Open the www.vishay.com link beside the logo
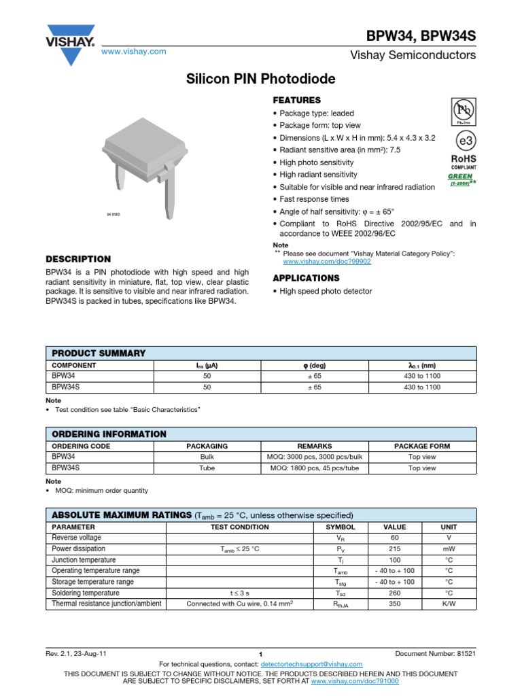pyautogui.click(x=134, y=52)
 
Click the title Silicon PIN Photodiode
pyautogui.click(x=261, y=80)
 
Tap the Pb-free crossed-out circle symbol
pyautogui.click(x=463, y=111)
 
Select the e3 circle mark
pyautogui.click(x=463, y=141)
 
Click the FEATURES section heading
pyautogui.click(x=296, y=100)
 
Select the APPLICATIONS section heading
pyautogui.click(x=306, y=278)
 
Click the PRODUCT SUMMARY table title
pyautogui.click(x=99, y=353)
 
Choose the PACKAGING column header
pyautogui.click(x=207, y=446)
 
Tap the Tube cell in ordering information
pyautogui.click(x=207, y=468)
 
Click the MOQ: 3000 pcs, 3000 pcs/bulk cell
pyautogui.click(x=315, y=457)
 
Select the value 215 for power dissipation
pyautogui.click(x=394, y=549)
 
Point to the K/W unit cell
pyautogui.click(x=449, y=604)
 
